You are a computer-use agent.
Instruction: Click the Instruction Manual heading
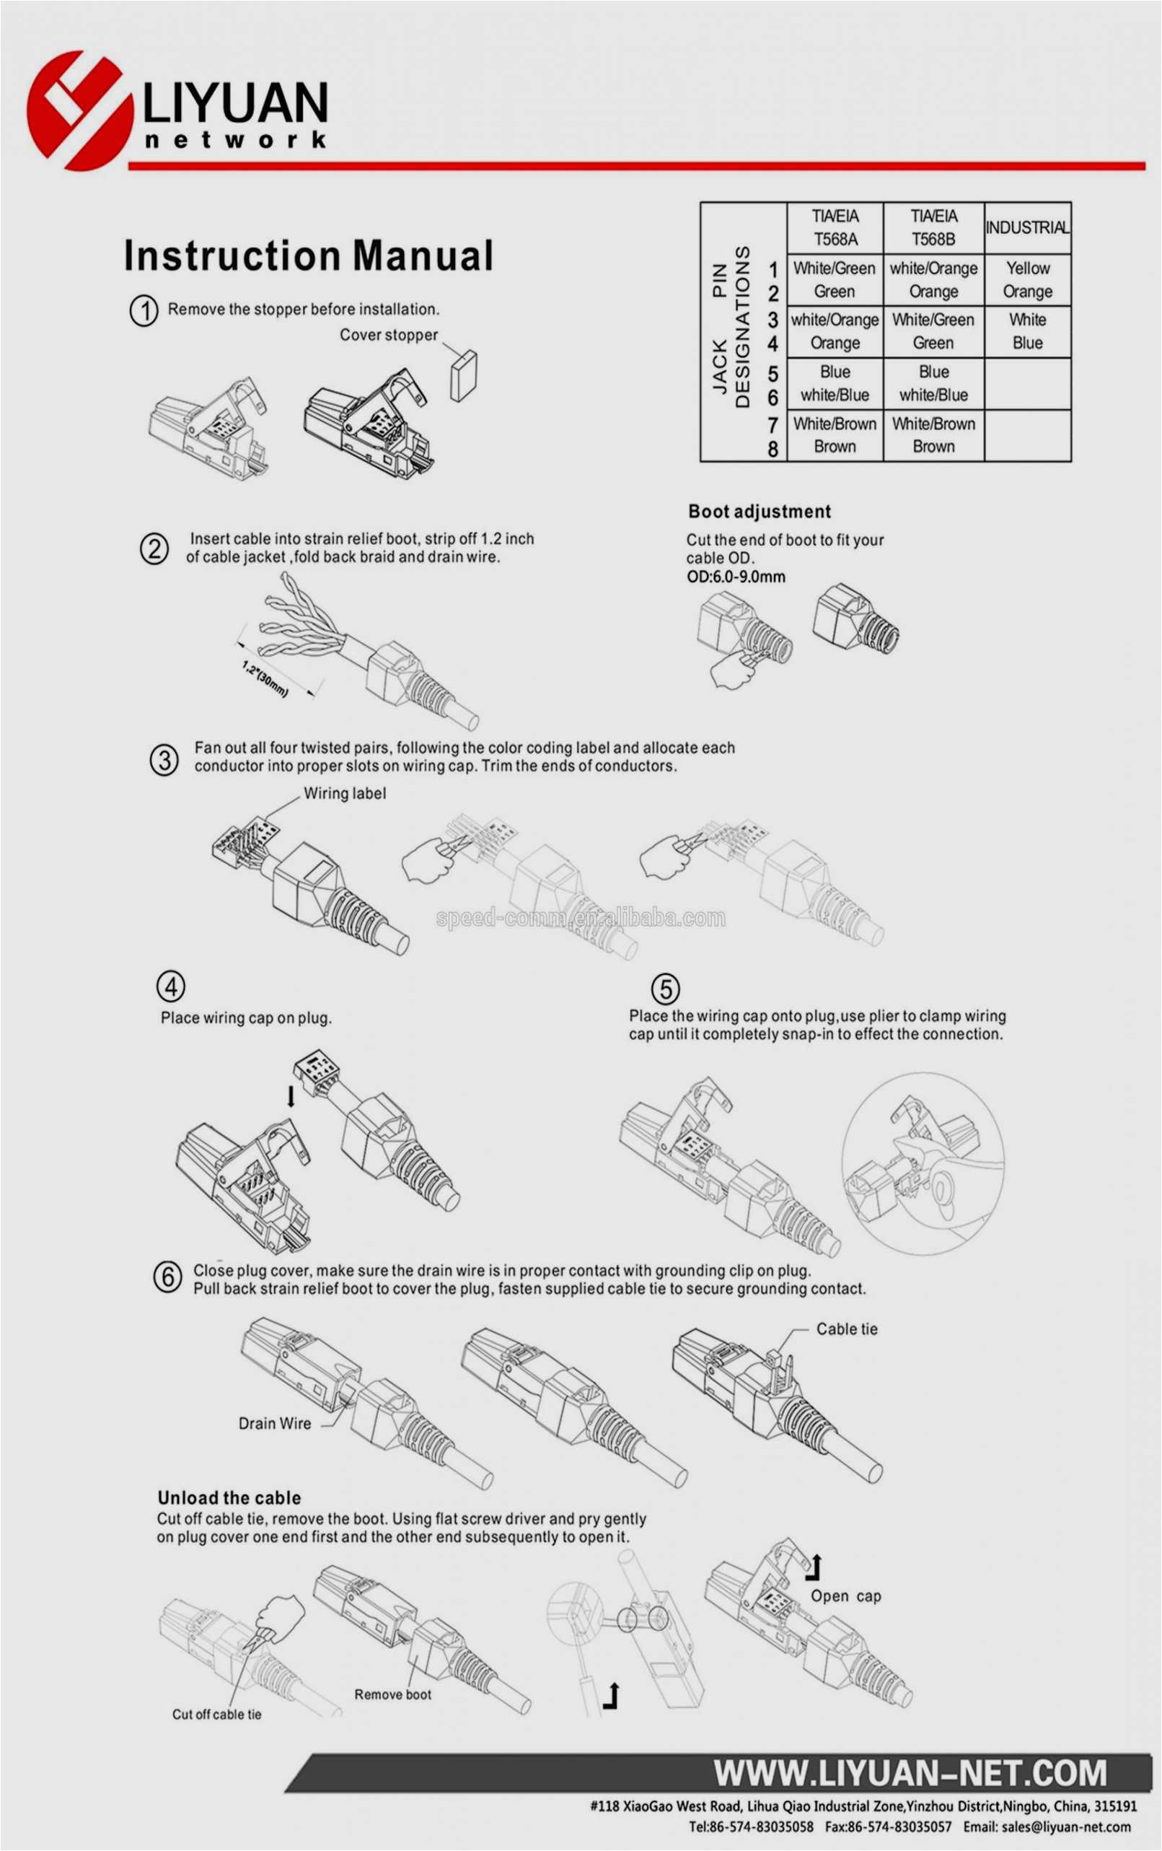pyautogui.click(x=307, y=256)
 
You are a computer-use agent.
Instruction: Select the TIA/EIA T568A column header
pyautogui.click(x=835, y=227)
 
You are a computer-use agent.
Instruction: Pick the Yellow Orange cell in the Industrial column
pyautogui.click(x=1028, y=280)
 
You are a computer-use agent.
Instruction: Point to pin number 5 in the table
pyautogui.click(x=773, y=374)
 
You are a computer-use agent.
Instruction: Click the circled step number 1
pyautogui.click(x=144, y=310)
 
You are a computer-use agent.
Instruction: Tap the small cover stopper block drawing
pyautogui.click(x=463, y=375)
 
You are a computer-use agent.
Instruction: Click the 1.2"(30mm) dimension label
pyautogui.click(x=265, y=679)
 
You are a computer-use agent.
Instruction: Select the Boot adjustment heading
pyautogui.click(x=760, y=512)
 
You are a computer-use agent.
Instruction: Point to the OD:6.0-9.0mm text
pyautogui.click(x=736, y=577)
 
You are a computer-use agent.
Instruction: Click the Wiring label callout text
pyautogui.click(x=344, y=793)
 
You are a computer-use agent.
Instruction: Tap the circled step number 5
pyautogui.click(x=665, y=989)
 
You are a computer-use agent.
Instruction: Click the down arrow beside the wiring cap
pyautogui.click(x=291, y=1096)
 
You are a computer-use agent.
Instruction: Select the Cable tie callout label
pyautogui.click(x=846, y=1329)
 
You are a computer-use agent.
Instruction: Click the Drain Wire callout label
pyautogui.click(x=274, y=1424)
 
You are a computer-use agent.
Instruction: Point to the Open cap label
pyautogui.click(x=845, y=1596)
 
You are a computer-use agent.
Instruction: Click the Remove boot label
pyautogui.click(x=392, y=1694)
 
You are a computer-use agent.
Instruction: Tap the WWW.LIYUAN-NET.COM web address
pyautogui.click(x=910, y=1772)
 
